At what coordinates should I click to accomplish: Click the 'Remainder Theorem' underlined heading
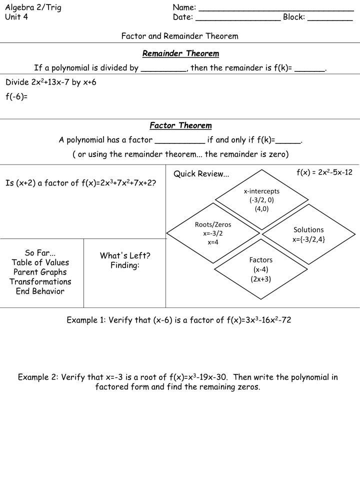tap(180, 53)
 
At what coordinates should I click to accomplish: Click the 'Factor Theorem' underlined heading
tap(180, 125)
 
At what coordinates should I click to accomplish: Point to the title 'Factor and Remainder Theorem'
tap(180, 36)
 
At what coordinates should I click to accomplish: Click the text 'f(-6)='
tap(16, 96)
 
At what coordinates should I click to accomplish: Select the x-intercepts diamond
tap(261, 200)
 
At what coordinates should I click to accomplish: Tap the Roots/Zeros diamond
tap(213, 233)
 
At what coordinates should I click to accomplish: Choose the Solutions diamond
tap(308, 234)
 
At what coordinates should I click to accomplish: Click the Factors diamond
tap(260, 269)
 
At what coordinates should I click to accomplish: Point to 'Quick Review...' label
tap(201, 174)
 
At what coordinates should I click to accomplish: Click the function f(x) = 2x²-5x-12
tap(324, 172)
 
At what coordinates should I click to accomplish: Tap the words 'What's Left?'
tap(125, 255)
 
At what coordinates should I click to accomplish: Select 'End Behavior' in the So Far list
tap(40, 291)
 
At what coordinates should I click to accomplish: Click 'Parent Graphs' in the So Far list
tap(40, 272)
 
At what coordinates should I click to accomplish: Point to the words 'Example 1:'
tap(86, 320)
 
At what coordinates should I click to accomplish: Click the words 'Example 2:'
tap(37, 377)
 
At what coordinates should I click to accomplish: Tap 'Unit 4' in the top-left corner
tap(16, 17)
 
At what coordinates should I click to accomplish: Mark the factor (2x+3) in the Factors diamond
tap(260, 279)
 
